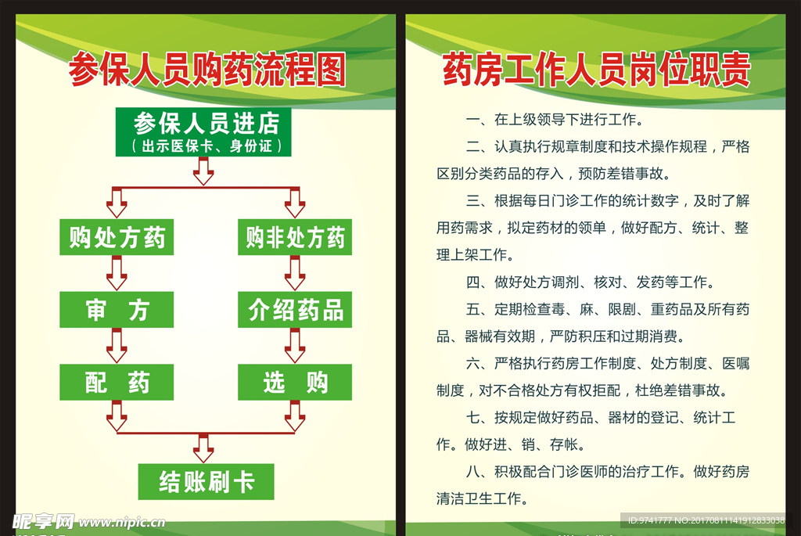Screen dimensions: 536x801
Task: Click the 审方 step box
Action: pyautogui.click(x=117, y=311)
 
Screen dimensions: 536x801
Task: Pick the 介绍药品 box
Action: pyautogui.click(x=295, y=311)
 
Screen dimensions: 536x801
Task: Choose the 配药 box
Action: pyautogui.click(x=117, y=383)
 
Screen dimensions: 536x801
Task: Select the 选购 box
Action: pyautogui.click(x=295, y=383)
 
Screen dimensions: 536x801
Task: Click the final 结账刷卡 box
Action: pyautogui.click(x=206, y=482)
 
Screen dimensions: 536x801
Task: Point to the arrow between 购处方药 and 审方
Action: pyautogui.click(x=117, y=273)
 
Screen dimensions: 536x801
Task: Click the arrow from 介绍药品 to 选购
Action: pyautogui.click(x=295, y=346)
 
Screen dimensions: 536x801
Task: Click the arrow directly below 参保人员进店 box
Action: pyautogui.click(x=203, y=171)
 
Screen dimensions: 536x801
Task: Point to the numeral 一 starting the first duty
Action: pyautogui.click(x=472, y=121)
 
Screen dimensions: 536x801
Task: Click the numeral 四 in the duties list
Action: pyautogui.click(x=472, y=282)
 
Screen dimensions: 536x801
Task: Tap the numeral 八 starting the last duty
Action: pyautogui.click(x=472, y=472)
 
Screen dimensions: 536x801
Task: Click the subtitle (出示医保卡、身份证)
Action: pyautogui.click(x=206, y=146)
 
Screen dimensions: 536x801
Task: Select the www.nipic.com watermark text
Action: pyautogui.click(x=121, y=521)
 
